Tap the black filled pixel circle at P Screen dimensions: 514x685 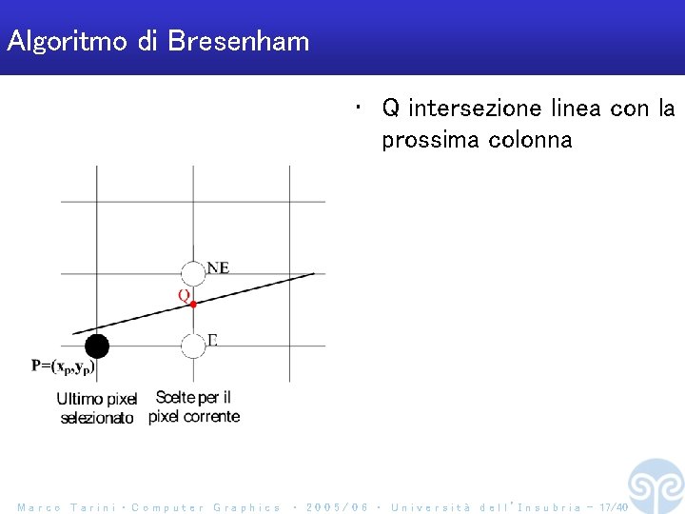(x=97, y=346)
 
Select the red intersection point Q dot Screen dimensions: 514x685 (x=193, y=304)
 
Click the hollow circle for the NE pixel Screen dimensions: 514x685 (x=193, y=273)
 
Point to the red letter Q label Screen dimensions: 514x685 (x=183, y=295)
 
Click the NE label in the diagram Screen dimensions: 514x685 (x=218, y=267)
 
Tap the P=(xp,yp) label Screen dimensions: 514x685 (x=64, y=365)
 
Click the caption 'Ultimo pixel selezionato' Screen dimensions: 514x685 (x=96, y=407)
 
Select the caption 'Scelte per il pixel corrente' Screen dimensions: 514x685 (x=194, y=406)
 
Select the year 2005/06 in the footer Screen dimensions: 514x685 (x=337, y=507)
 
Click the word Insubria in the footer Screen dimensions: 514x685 (x=548, y=507)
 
